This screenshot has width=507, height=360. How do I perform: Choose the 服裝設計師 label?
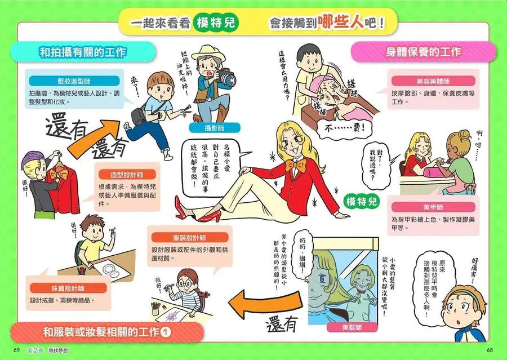point(189,238)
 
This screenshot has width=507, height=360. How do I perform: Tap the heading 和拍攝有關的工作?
point(83,52)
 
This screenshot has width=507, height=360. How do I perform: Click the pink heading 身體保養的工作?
point(424,52)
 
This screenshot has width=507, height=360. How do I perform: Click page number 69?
point(17,350)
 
